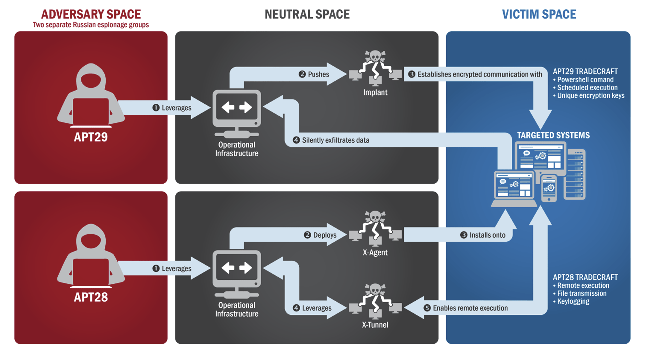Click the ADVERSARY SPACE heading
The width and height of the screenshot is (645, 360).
pos(91,14)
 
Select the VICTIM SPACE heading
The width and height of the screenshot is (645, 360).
pos(539,14)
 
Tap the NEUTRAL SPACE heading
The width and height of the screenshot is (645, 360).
pos(307,14)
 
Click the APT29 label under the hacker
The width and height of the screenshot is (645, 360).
pos(91,137)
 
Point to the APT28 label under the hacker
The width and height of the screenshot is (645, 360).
pos(91,297)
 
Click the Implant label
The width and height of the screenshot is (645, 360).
pos(375,92)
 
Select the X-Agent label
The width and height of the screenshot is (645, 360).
pos(375,253)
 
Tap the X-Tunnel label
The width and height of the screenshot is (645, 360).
pos(375,325)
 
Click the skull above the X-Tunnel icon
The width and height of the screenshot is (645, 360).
pos(375,289)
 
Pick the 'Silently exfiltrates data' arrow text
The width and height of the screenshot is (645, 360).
pos(336,140)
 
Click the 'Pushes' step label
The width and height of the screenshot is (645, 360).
pos(319,74)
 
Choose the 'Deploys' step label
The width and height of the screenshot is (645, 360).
pos(325,235)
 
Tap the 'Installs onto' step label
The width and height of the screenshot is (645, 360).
pos(487,235)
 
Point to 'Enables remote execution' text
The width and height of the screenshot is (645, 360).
pos(470,308)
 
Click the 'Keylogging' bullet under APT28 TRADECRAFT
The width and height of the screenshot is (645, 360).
pos(573,301)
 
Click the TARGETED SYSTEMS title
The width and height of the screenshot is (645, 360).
pos(553,135)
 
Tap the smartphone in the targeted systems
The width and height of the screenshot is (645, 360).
pos(549,188)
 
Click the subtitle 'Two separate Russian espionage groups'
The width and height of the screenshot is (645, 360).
pos(91,25)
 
